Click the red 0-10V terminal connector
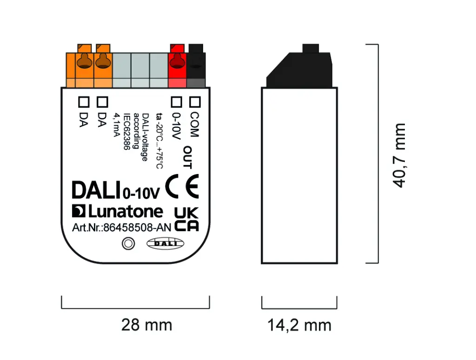point(177,65)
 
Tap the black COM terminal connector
point(196,65)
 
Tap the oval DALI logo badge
point(165,243)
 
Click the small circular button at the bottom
point(127,243)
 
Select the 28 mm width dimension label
point(146,324)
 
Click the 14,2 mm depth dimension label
point(299,325)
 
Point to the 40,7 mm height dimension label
point(399,155)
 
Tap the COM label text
point(194,125)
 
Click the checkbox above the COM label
point(195,100)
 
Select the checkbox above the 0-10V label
point(176,100)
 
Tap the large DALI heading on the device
point(97,190)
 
